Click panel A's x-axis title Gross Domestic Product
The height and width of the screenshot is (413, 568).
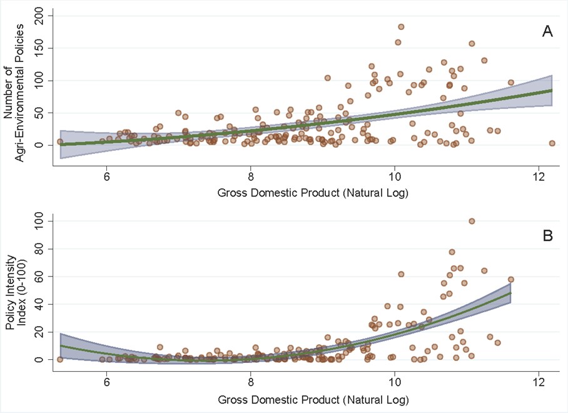click(313, 192)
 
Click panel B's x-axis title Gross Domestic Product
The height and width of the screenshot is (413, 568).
click(313, 399)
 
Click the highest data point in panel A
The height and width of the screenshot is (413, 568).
click(401, 27)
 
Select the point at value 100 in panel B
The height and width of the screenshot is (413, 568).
click(472, 221)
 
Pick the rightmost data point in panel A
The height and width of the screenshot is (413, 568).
click(552, 143)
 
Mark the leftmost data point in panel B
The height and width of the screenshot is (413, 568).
click(60, 359)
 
